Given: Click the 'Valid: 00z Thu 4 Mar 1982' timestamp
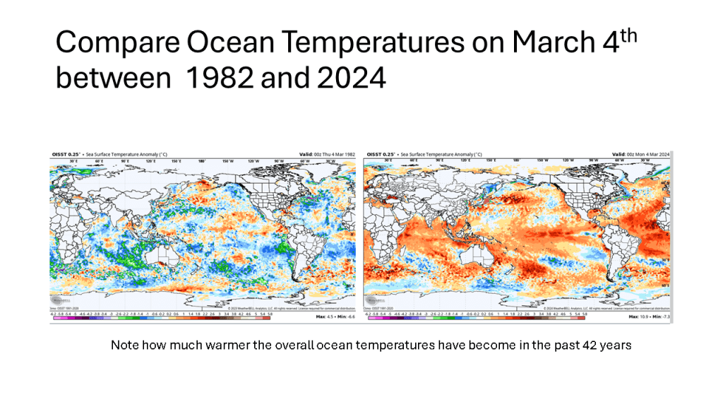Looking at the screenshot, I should coord(324,154).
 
